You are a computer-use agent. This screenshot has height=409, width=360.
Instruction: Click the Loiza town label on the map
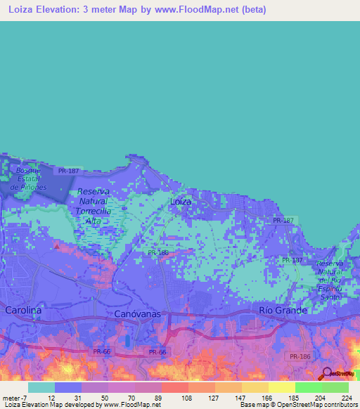(x=181, y=202)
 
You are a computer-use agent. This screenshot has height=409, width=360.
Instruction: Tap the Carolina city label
(x=23, y=310)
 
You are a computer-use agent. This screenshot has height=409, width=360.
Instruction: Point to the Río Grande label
(x=283, y=310)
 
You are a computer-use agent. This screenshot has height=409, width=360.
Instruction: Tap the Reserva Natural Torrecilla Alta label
(x=94, y=206)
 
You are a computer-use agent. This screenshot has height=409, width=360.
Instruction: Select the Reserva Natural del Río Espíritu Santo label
(x=330, y=281)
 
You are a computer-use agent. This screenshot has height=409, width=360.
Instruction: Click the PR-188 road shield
(x=157, y=252)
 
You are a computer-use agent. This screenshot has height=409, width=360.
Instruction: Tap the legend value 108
(x=187, y=397)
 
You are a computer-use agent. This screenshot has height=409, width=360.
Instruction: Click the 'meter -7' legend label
(x=15, y=397)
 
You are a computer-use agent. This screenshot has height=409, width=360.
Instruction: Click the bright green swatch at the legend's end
(x=335, y=387)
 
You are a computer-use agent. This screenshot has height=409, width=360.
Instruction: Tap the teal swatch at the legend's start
(x=41, y=387)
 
